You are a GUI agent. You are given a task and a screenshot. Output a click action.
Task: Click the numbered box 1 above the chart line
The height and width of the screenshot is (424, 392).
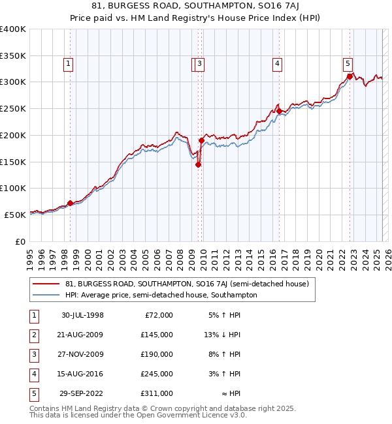pos(69,63)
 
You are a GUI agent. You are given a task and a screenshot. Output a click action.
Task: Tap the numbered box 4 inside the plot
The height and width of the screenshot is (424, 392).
pos(278,63)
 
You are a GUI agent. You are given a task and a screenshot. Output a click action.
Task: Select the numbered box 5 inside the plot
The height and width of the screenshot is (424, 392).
pos(348,63)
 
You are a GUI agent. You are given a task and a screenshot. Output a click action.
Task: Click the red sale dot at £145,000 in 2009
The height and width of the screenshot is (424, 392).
pos(198,164)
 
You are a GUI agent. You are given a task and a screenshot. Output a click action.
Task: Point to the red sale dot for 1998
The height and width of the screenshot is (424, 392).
pos(71,203)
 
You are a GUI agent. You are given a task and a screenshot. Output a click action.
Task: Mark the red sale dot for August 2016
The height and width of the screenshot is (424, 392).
pos(279,112)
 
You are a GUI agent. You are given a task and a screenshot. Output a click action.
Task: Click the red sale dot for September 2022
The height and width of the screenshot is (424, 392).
pos(350,76)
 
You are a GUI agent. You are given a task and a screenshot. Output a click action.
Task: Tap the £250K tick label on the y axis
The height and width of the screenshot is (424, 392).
pos(13,108)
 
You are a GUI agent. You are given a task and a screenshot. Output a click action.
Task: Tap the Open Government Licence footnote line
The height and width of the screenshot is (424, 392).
pos(139,415)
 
